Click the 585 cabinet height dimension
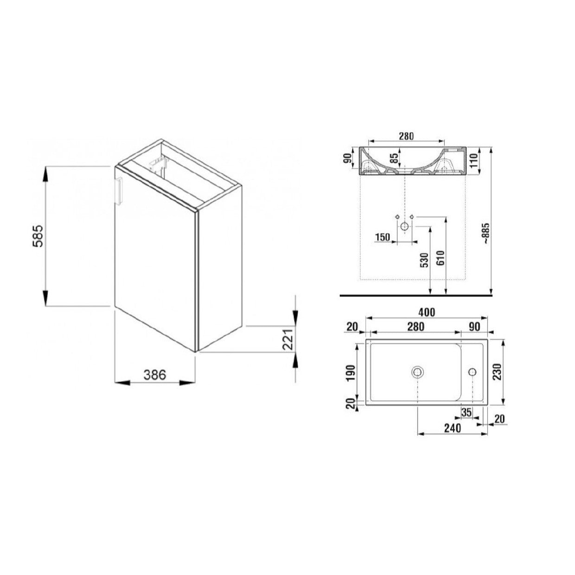38,236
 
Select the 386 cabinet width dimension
154,375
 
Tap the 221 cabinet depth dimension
287,340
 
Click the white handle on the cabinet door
119,191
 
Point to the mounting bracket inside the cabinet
159,164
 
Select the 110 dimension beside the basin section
473,160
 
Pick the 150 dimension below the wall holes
383,237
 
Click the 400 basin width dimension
426,312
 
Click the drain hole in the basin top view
418,371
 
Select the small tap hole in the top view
473,371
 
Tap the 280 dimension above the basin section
406,136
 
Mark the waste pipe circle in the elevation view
404,227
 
